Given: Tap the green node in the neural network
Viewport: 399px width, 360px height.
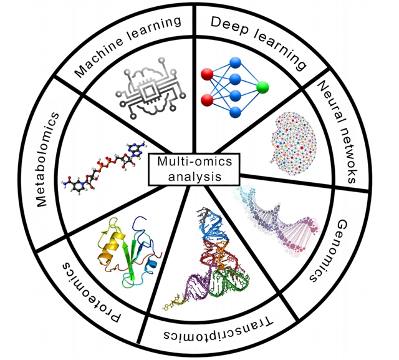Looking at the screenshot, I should tap(262, 86).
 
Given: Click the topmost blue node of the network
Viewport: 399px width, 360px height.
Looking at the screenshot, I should tap(235, 62).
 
